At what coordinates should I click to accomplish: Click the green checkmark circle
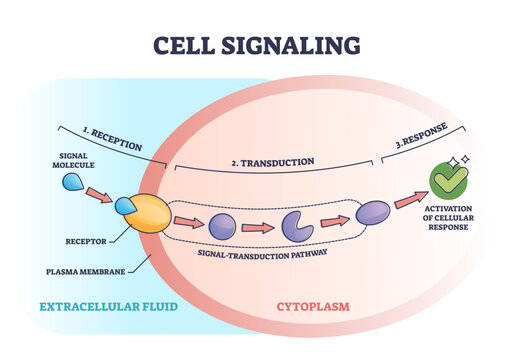coord(448,180)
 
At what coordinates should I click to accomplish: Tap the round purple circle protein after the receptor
coord(222,224)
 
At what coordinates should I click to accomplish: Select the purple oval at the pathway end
coord(372,212)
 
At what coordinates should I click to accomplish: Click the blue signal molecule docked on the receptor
coord(125,207)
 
